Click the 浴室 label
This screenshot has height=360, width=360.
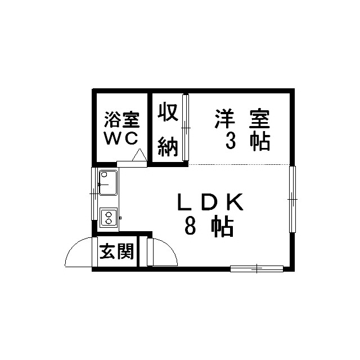122,120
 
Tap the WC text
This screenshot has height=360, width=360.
121,138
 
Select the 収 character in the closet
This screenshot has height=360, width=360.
168,112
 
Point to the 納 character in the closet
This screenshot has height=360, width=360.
168,147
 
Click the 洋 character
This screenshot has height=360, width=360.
225,119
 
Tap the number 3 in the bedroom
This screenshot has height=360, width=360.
231,141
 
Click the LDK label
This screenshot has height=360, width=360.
210,202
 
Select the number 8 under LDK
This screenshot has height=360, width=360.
190,226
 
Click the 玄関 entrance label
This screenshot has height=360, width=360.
116,251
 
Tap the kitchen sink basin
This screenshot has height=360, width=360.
108,183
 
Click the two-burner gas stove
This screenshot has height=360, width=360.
109,218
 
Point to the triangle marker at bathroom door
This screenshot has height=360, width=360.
139,155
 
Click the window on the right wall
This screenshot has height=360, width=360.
292,199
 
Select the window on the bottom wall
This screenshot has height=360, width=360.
256,269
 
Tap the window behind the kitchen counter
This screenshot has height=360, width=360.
94,193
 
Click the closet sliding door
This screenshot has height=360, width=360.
186,128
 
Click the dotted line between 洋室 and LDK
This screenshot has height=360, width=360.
238,164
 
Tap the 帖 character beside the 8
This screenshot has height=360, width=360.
223,226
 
